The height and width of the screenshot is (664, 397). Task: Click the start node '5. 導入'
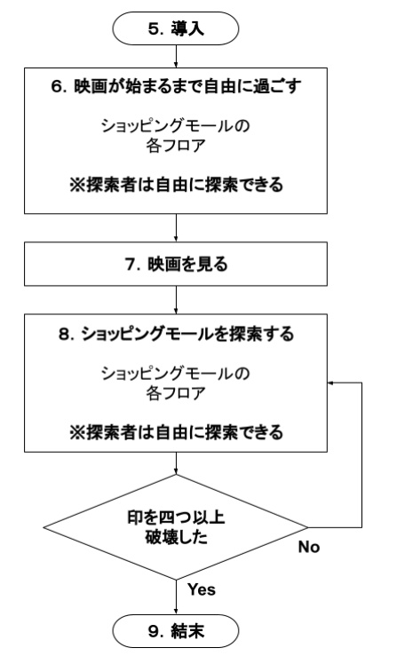click(x=179, y=28)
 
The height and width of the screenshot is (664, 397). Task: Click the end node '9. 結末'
click(x=179, y=634)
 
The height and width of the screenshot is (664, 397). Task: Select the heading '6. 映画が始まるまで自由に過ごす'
click(x=179, y=88)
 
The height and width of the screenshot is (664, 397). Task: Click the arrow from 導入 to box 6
click(x=179, y=56)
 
